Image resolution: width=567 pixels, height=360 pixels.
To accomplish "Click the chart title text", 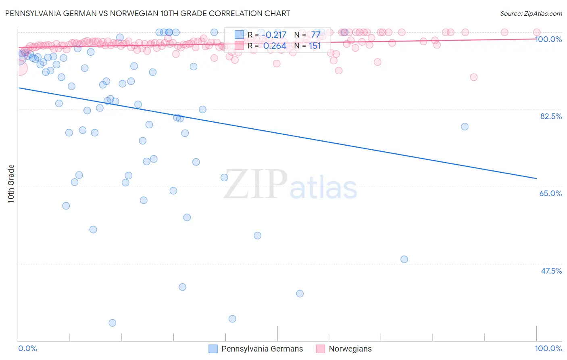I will (x=147, y=13).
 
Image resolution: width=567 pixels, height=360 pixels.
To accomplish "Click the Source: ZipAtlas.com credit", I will (x=531, y=14).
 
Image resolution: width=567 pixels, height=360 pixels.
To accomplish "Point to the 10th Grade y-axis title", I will (x=11, y=184).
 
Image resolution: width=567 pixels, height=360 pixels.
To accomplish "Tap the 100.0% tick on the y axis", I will (x=548, y=39).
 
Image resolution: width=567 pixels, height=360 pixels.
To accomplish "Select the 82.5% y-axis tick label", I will (x=551, y=116).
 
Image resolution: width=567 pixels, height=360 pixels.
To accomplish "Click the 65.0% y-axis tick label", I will (x=551, y=193).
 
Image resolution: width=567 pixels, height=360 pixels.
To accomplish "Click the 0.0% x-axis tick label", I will (x=27, y=348).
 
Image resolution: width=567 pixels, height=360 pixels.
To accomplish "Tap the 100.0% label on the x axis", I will (x=548, y=348).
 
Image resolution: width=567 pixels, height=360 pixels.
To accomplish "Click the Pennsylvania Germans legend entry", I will (x=256, y=349).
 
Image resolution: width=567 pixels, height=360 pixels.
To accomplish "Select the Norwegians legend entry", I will (x=344, y=349).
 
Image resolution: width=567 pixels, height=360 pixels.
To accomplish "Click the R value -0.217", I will (x=274, y=35).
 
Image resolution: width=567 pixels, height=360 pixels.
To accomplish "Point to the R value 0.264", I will (x=275, y=46).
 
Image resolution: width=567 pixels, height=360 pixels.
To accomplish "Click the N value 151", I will (x=315, y=46).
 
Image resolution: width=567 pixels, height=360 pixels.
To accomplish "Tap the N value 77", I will (x=315, y=35).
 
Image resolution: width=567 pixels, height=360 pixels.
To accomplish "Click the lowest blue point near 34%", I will (x=113, y=323).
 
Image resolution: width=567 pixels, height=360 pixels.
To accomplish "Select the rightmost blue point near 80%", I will (x=465, y=127).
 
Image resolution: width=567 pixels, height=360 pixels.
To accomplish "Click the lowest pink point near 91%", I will (x=474, y=77).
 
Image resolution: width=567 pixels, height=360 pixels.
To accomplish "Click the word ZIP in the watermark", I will (x=255, y=184).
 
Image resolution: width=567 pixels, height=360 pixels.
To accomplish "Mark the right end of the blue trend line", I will (x=537, y=178).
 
